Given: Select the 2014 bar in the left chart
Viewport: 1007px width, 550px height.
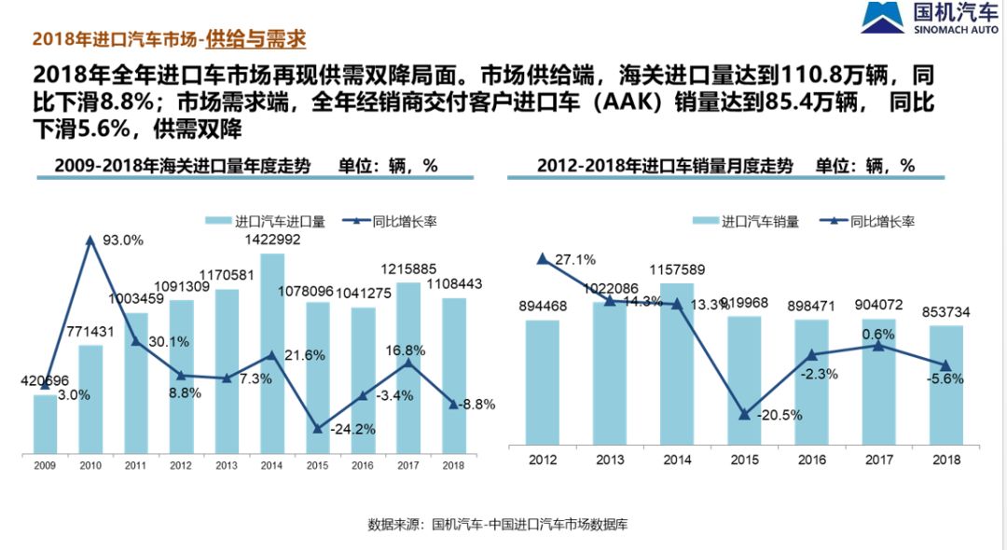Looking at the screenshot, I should (271, 354).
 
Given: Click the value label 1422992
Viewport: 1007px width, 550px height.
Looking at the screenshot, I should (272, 239).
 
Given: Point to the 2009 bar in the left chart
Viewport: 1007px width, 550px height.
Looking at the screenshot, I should (45, 424).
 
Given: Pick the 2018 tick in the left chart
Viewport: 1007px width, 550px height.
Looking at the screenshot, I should (453, 464).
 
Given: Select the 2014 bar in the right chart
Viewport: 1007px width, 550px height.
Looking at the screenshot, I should (677, 364).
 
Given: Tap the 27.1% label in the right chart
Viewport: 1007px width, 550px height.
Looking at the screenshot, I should (575, 259).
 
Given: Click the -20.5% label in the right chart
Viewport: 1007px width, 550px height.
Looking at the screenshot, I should (779, 415).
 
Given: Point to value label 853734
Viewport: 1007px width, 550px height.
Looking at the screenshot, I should (946, 312).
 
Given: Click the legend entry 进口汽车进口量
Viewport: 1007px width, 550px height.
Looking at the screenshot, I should (267, 222).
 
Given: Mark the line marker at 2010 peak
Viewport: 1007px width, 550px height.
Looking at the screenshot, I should (90, 240).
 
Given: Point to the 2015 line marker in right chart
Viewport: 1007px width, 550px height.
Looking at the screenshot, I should (744, 415).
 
